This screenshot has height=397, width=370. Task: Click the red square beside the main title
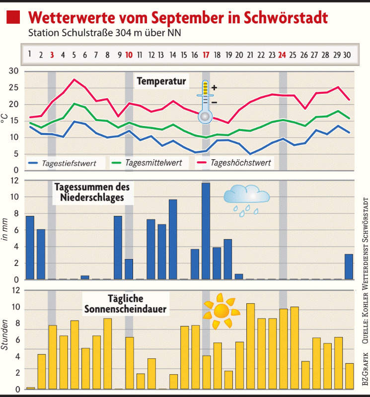(13, 18)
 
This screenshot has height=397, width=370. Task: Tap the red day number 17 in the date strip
(206, 54)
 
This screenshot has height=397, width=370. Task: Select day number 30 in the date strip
(349, 54)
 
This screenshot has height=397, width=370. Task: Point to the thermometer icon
(205, 102)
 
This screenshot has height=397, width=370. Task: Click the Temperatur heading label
(161, 80)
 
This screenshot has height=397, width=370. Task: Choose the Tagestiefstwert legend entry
(68, 162)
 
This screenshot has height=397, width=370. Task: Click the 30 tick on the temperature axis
(14, 71)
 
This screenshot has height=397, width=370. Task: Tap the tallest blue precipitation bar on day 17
(206, 231)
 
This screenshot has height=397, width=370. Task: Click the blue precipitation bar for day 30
(349, 266)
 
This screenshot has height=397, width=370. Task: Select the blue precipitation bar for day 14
(173, 239)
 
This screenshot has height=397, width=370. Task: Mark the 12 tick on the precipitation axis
(15, 181)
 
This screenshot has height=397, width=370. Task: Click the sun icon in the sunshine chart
(221, 311)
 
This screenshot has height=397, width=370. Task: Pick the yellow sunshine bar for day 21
(250, 346)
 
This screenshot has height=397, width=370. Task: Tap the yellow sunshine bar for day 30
(349, 376)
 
